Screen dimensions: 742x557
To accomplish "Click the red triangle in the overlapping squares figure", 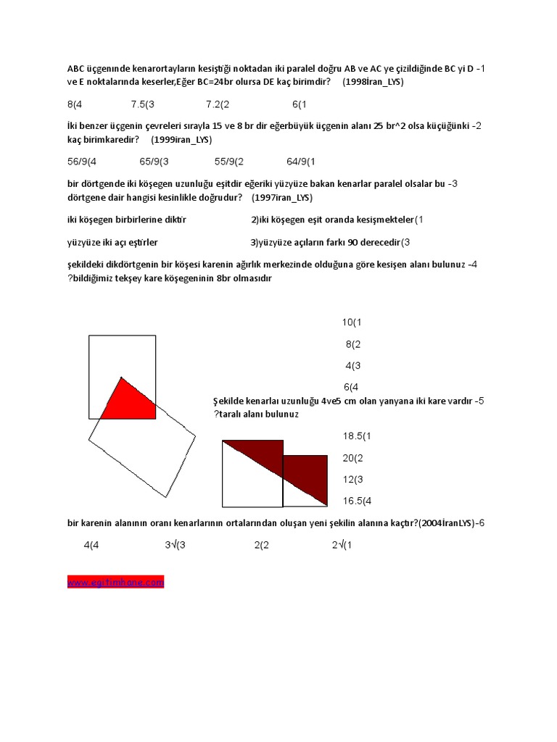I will tap(133, 401).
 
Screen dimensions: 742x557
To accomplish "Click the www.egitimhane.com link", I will tap(116, 582).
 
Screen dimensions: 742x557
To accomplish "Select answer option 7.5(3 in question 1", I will tap(143, 104).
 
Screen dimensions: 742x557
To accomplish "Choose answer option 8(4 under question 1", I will tap(75, 104).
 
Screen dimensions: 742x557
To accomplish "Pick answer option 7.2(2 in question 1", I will tap(213, 104).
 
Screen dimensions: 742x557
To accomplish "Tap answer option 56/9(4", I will tap(81, 162).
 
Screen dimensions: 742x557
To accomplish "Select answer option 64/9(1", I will tap(302, 162).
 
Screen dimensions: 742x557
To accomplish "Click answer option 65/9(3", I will tap(154, 162).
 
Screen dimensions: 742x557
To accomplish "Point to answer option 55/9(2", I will tap(229, 162).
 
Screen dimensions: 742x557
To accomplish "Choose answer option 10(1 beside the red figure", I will tap(352, 322).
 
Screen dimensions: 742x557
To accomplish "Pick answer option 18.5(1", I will tap(357, 436).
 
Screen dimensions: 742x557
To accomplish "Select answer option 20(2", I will tap(353, 458).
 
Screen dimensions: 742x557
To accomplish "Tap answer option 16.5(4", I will tap(357, 500).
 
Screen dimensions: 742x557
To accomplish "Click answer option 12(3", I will tap(353, 479).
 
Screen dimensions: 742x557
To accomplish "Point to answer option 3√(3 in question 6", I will tap(176, 545).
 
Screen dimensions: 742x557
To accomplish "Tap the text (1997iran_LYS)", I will tap(282, 197).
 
